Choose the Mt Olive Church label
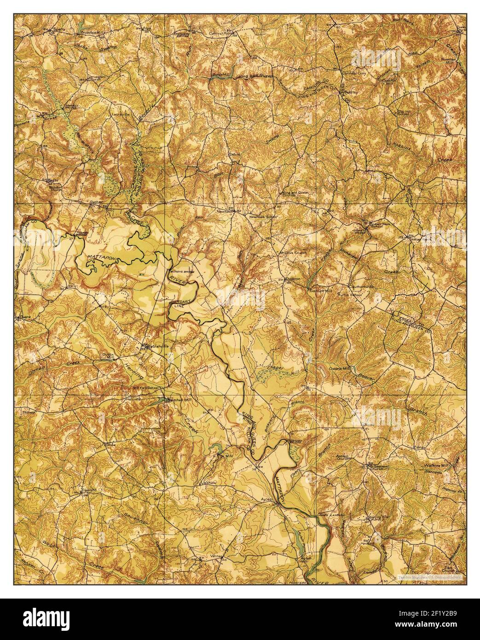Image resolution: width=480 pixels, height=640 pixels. [x=293, y=253]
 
